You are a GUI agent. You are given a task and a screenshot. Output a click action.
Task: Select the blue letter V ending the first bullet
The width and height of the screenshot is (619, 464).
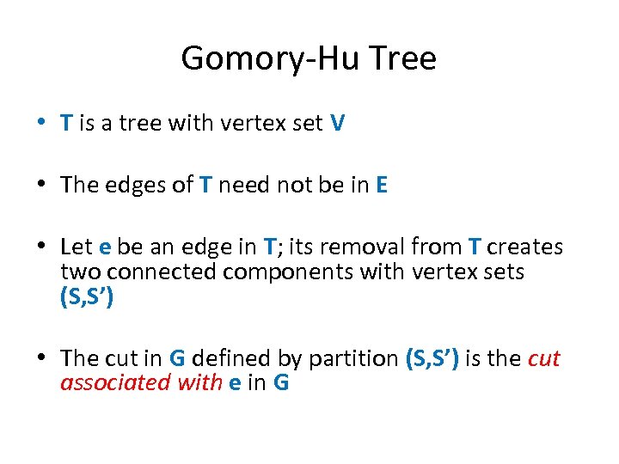338,124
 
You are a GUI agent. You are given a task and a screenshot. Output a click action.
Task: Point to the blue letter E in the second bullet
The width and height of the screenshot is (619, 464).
382,186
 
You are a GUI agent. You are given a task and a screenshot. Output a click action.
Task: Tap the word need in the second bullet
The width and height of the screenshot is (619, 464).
246,186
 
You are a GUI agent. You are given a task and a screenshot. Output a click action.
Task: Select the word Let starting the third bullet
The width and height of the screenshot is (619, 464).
77,247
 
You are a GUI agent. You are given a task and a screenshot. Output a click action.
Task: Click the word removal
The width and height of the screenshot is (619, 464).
353,247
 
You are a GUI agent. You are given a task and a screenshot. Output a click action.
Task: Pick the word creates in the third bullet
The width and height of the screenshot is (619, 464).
525,247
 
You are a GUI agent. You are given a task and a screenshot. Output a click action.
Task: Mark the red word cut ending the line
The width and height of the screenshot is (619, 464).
543,358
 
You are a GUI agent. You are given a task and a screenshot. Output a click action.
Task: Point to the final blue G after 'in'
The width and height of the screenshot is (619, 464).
280,382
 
